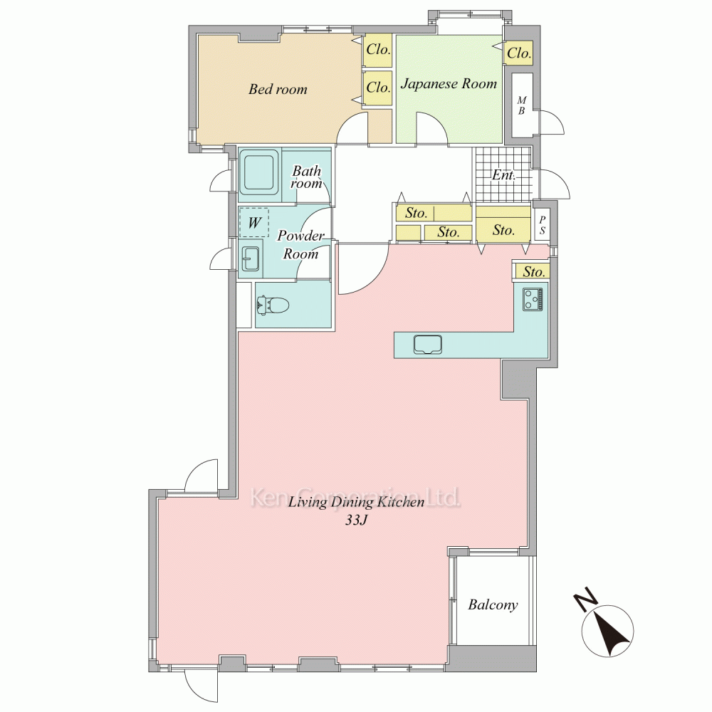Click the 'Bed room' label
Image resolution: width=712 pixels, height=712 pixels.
click(278, 89)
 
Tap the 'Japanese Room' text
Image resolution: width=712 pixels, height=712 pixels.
click(449, 83)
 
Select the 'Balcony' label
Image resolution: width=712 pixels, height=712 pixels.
click(493, 604)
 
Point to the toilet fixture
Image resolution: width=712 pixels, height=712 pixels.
click(273, 305)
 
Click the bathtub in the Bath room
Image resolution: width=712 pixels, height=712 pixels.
click(259, 172)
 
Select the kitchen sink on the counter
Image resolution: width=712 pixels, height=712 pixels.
click(428, 344)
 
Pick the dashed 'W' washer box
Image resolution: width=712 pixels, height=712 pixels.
click(254, 222)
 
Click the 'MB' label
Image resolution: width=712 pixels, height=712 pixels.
click(521, 105)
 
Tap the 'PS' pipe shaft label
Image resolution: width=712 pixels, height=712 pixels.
click(542, 225)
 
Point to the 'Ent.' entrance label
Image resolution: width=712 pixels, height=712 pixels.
click(503, 175)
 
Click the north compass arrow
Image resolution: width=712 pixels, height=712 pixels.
click(608, 631)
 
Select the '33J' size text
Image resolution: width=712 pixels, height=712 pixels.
click(355, 520)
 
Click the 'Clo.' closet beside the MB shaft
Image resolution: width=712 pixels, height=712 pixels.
click(518, 53)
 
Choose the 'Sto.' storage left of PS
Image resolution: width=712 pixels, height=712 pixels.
click(503, 230)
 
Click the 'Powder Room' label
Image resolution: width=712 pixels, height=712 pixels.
click(300, 244)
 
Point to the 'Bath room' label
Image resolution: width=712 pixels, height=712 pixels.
click(306, 177)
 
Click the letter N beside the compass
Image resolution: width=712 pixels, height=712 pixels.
click(585, 600)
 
